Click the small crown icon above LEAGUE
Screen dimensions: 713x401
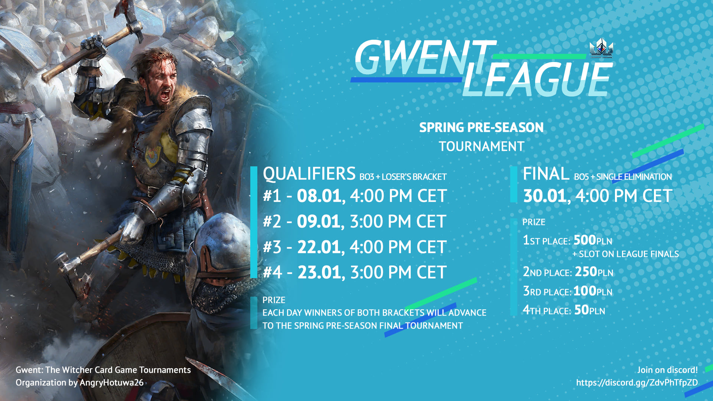pos(601,48)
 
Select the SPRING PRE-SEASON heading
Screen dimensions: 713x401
pos(481,127)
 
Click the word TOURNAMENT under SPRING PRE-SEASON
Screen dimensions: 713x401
pos(482,146)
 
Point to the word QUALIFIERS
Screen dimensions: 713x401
pos(309,174)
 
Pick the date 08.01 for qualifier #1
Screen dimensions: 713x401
pos(319,196)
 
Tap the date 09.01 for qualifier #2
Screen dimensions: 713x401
pos(318,221)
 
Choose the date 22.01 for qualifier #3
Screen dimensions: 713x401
pos(319,247)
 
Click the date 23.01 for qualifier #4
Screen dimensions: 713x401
pos(319,272)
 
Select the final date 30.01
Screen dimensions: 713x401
pos(545,196)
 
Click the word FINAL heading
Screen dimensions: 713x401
pos(546,174)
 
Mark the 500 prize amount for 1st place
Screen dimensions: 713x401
pos(585,240)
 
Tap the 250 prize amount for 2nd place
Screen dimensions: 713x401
pos(586,271)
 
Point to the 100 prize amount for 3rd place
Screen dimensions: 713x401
pos(585,291)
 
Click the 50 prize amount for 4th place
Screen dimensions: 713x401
pos(582,310)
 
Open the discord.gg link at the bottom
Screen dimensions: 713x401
pos(637,383)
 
